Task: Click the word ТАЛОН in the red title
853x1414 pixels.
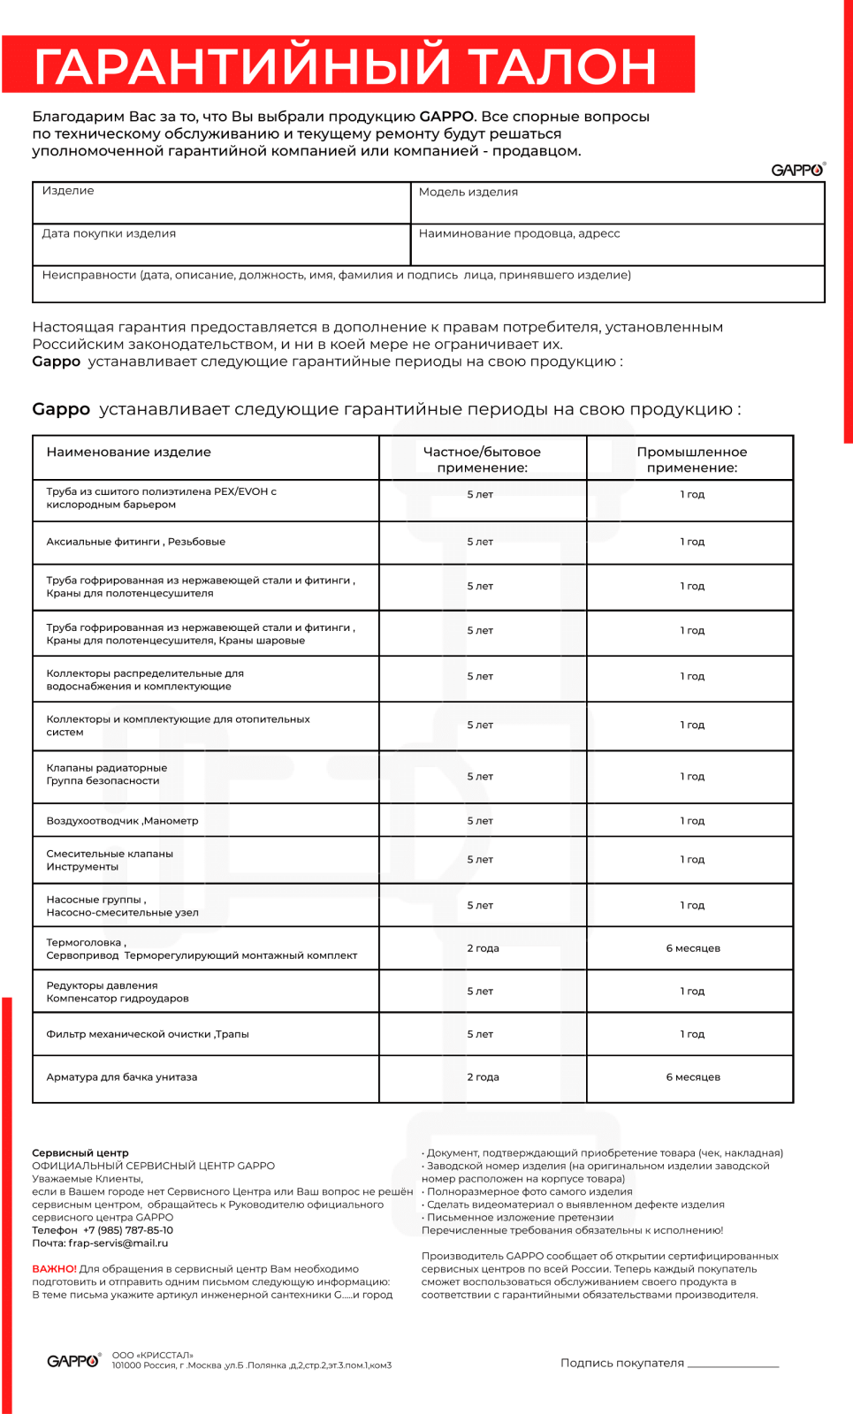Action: tap(562, 66)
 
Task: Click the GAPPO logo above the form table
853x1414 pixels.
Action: tap(797, 170)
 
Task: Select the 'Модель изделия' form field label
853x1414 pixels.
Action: tap(468, 192)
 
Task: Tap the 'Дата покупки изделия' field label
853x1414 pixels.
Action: tap(109, 233)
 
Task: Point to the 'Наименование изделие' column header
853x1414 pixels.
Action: tap(128, 452)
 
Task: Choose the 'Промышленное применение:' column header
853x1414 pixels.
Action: tap(691, 460)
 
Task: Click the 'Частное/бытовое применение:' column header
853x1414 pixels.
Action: tap(482, 460)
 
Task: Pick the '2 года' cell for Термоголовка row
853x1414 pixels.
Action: tap(483, 948)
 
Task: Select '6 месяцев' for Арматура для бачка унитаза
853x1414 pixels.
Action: tap(693, 1077)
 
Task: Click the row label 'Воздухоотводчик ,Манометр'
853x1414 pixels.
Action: tap(122, 821)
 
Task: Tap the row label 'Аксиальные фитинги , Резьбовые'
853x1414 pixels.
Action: tap(135, 542)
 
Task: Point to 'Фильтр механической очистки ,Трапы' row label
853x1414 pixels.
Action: tap(148, 1034)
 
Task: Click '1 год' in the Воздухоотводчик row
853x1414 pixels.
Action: tap(692, 821)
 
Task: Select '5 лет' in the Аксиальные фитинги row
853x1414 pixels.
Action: tap(480, 542)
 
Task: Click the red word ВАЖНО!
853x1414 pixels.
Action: tap(54, 1269)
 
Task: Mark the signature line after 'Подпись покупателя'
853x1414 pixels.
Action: tap(733, 1365)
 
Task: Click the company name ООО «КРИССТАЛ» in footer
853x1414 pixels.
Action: tap(152, 1355)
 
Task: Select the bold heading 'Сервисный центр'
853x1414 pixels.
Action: tap(80, 1153)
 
